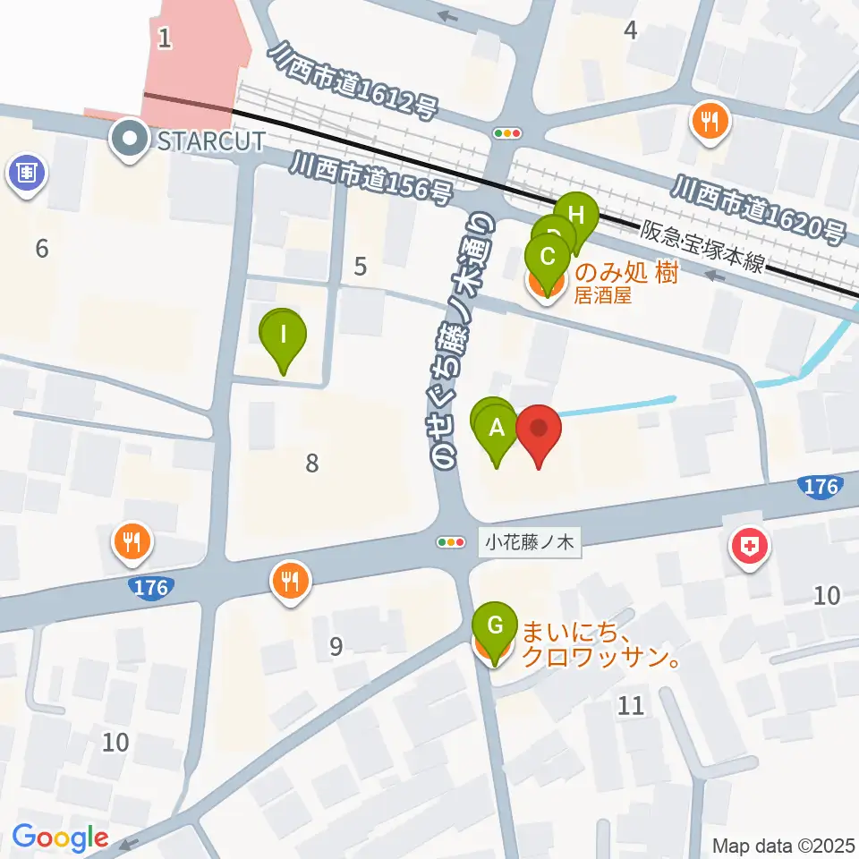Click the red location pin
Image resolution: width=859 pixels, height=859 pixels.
(x=539, y=431)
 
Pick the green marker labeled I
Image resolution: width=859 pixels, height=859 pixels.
(x=284, y=337)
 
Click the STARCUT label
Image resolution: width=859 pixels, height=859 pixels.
(x=212, y=140)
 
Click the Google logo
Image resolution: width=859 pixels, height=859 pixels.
(x=59, y=838)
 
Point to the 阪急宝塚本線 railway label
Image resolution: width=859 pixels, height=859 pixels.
(x=702, y=246)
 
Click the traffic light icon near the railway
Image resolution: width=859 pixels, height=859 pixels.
(x=507, y=133)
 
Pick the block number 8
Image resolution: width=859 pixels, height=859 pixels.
(x=311, y=464)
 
